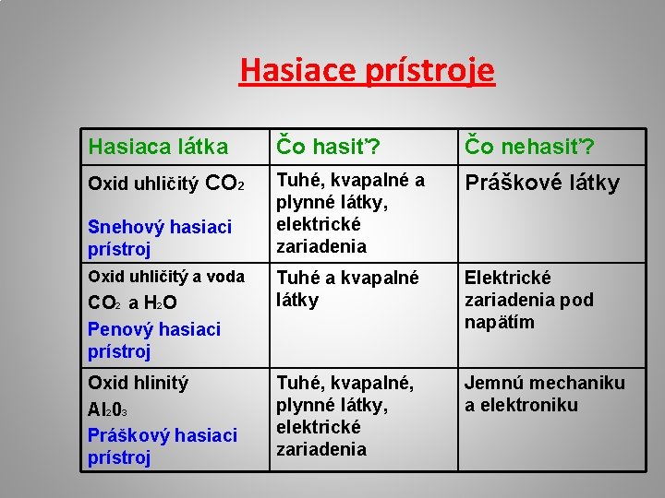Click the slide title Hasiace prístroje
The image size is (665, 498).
[367, 70]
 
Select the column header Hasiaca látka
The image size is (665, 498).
[157, 147]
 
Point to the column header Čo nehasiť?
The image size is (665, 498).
[530, 147]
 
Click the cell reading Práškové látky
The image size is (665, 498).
[541, 183]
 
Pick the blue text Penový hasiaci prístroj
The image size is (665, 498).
[153, 340]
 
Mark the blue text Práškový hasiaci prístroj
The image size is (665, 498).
[162, 445]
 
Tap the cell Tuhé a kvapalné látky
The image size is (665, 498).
[348, 289]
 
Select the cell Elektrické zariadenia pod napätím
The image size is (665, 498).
[528, 300]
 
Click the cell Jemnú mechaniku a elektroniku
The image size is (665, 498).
[544, 394]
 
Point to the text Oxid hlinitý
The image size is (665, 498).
[138, 383]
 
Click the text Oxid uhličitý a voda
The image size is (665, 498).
[165, 277]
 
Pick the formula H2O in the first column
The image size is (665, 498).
[162, 303]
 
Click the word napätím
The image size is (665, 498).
[500, 322]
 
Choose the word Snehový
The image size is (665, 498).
[124, 227]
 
